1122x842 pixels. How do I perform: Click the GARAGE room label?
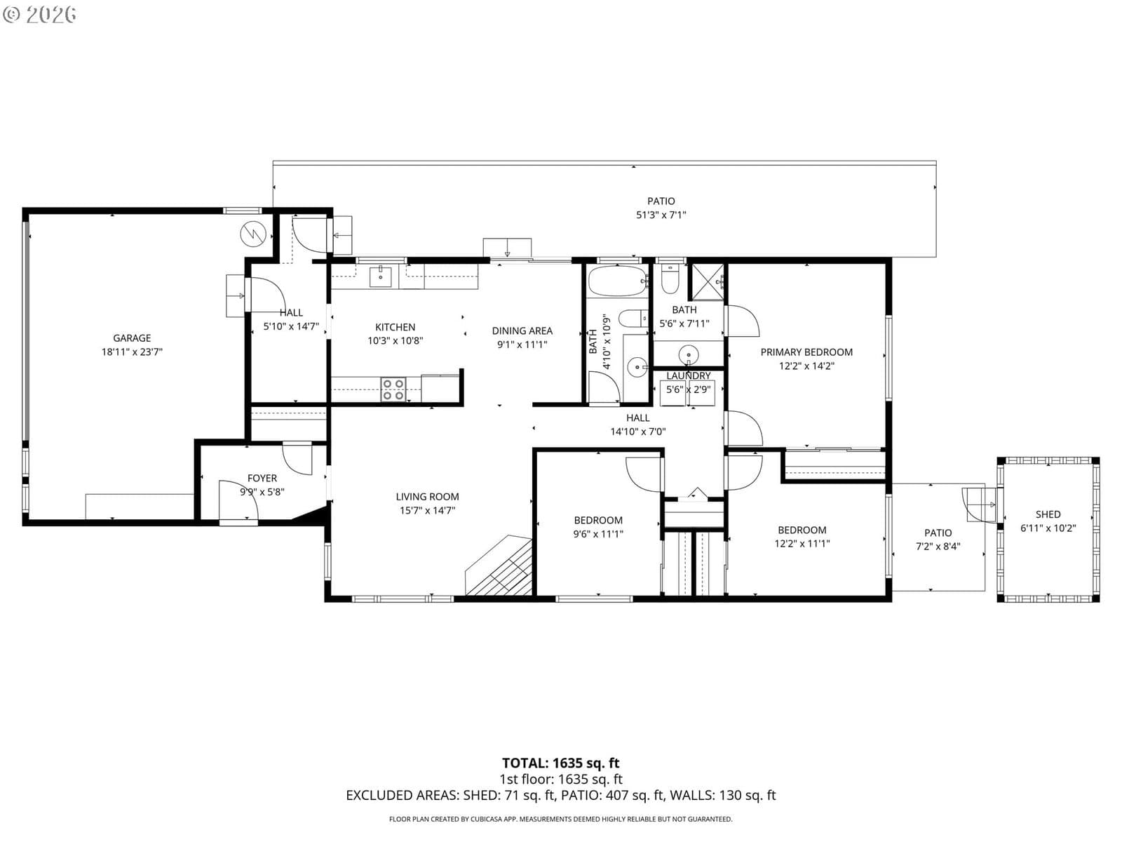[132, 338]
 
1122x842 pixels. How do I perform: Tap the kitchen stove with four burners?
[393, 389]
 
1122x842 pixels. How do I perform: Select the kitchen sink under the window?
[380, 276]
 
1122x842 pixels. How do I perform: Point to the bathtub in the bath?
[618, 281]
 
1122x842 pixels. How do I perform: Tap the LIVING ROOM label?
[427, 496]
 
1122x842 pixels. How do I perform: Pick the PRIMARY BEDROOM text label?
[806, 352]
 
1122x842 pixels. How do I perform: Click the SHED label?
[1048, 514]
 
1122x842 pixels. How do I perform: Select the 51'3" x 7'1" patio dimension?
[661, 215]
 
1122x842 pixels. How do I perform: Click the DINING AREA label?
[522, 330]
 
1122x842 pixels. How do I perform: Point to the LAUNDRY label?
[689, 376]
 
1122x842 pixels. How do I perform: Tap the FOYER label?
[262, 479]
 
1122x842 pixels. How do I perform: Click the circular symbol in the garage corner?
[253, 234]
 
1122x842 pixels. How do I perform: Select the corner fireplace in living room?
[499, 566]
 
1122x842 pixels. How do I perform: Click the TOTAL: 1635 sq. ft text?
[561, 763]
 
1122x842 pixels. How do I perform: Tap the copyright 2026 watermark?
[39, 14]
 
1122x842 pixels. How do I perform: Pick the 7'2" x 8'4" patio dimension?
[938, 547]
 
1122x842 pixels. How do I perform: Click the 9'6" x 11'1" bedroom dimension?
[598, 534]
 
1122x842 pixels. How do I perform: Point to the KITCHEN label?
[395, 327]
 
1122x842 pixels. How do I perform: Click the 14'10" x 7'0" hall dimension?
[638, 432]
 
